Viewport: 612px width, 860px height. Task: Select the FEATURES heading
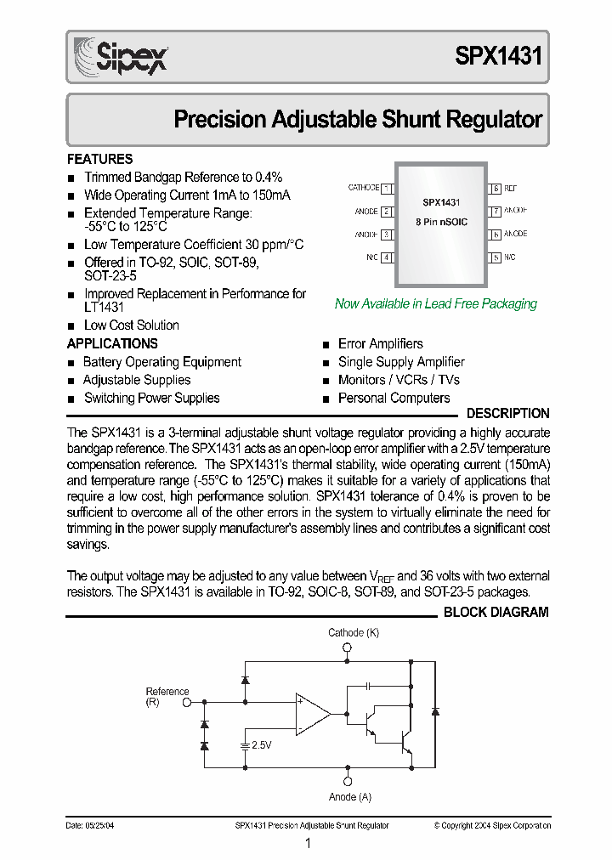point(99,159)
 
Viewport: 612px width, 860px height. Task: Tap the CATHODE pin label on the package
point(364,188)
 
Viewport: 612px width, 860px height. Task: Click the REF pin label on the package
point(510,188)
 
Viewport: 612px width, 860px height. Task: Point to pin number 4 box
point(387,257)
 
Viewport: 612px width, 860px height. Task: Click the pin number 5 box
point(495,257)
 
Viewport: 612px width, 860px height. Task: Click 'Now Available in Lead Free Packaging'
point(436,303)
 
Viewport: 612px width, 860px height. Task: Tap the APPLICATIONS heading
point(112,343)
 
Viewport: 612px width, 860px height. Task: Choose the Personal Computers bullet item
point(394,398)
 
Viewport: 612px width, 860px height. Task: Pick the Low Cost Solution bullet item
point(131,325)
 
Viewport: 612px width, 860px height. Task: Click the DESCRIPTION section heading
point(508,414)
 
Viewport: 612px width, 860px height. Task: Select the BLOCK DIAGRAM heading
point(496,612)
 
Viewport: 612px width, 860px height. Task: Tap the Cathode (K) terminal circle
point(347,648)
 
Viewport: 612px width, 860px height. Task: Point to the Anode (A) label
point(349,797)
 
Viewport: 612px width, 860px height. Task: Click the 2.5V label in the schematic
point(262,745)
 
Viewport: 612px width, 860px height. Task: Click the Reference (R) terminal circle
point(188,703)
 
